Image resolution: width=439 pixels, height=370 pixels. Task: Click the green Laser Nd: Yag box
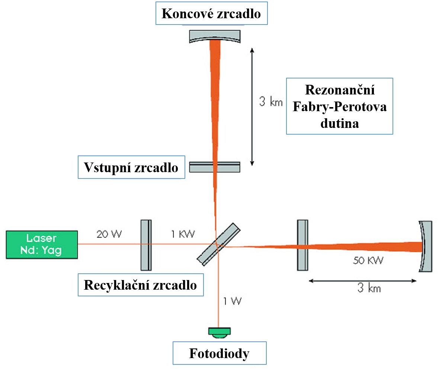(x=42, y=245)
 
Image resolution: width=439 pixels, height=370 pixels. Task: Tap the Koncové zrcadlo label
(x=211, y=13)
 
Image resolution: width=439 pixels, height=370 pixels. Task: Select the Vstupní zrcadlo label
(x=131, y=167)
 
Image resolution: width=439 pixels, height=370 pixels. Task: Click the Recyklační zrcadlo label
(x=141, y=285)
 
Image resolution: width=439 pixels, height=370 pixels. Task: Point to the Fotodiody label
(x=219, y=353)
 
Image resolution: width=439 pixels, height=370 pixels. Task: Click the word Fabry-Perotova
(x=340, y=107)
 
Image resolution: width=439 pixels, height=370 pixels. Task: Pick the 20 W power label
(x=109, y=234)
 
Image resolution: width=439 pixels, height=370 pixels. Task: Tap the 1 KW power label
(x=183, y=234)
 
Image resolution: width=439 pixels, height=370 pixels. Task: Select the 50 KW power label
(x=368, y=261)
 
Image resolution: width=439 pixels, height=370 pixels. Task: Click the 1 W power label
(x=233, y=301)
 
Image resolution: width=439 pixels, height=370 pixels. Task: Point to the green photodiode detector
(x=219, y=332)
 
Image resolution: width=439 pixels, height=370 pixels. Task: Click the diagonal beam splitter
(x=218, y=244)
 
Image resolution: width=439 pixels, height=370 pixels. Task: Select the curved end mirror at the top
(x=215, y=36)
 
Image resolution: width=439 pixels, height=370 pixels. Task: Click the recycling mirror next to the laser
(x=146, y=245)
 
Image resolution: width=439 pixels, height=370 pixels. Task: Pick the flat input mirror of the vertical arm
(x=215, y=167)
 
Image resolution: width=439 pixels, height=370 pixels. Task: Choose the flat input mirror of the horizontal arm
(x=303, y=245)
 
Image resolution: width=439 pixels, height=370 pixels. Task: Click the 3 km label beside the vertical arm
(x=271, y=101)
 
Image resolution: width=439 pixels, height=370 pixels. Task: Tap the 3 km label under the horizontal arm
(x=369, y=288)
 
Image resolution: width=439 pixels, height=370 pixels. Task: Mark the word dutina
(x=340, y=123)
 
